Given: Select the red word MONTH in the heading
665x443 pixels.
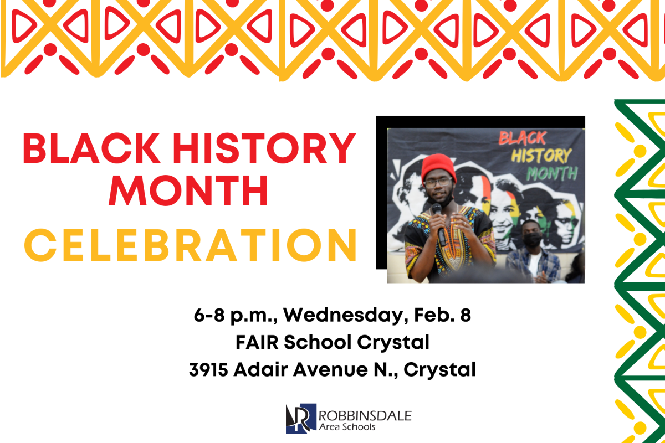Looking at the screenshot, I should point(188,190).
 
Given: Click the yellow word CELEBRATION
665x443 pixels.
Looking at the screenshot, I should point(190,244).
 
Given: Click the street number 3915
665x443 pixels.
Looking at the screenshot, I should point(208,369).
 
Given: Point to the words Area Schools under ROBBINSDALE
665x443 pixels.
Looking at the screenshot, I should point(347,427).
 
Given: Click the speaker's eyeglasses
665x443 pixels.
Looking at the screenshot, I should point(438,182).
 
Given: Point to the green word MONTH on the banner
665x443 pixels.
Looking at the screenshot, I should point(552,174).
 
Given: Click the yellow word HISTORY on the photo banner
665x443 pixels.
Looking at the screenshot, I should point(541,156).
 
